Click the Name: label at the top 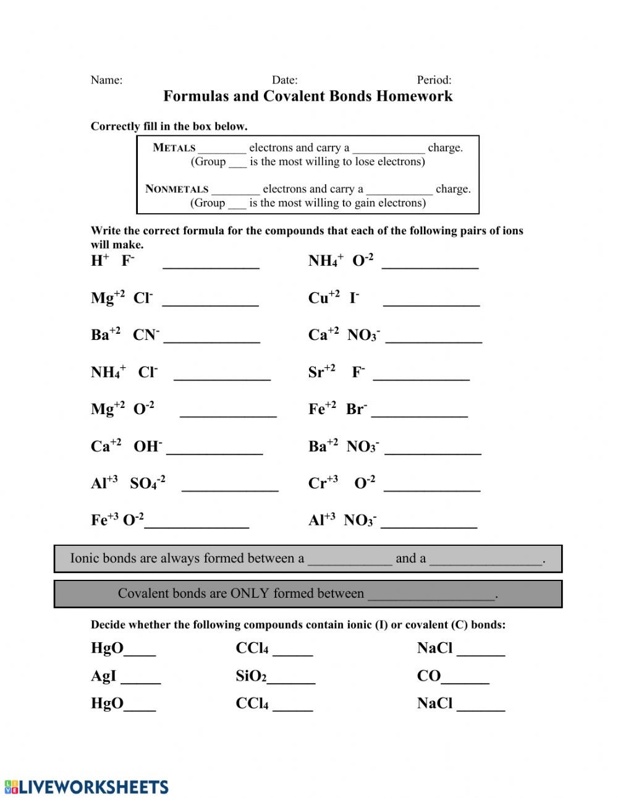click(106, 80)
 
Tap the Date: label click(284, 80)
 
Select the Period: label click(434, 80)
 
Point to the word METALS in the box click(174, 148)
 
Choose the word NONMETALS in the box click(177, 189)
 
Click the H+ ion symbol click(99, 260)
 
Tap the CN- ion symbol click(146, 334)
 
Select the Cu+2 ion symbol click(324, 297)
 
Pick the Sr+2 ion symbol click(321, 371)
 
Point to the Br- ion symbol click(357, 409)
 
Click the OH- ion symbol click(148, 446)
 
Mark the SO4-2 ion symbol click(147, 483)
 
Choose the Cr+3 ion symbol click(323, 483)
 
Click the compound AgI click(103, 676)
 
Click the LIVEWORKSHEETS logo click(87, 787)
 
